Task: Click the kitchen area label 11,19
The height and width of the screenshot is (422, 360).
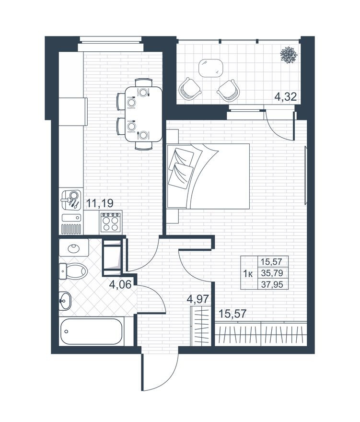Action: (x=100, y=203)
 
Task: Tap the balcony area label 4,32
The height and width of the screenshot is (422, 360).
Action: (x=286, y=96)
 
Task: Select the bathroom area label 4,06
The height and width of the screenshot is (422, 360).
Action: (x=120, y=284)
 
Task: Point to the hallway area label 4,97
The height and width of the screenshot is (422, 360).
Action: (x=198, y=299)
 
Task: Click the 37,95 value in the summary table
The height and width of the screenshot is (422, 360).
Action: (x=272, y=284)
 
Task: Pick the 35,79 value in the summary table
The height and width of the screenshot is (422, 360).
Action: (x=272, y=273)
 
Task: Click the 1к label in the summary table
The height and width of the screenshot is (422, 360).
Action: (x=247, y=274)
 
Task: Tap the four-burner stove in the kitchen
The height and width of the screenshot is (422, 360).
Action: (x=111, y=222)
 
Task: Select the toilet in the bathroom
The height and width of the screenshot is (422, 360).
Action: (x=73, y=271)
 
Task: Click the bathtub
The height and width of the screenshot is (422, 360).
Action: (x=91, y=331)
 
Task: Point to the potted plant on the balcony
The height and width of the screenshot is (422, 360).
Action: (x=289, y=55)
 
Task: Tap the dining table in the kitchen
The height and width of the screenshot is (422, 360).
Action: (x=144, y=114)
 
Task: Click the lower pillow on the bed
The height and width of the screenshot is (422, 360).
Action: (x=181, y=176)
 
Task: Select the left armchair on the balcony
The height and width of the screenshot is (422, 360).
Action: (x=189, y=89)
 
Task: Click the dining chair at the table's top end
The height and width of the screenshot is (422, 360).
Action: (x=144, y=82)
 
